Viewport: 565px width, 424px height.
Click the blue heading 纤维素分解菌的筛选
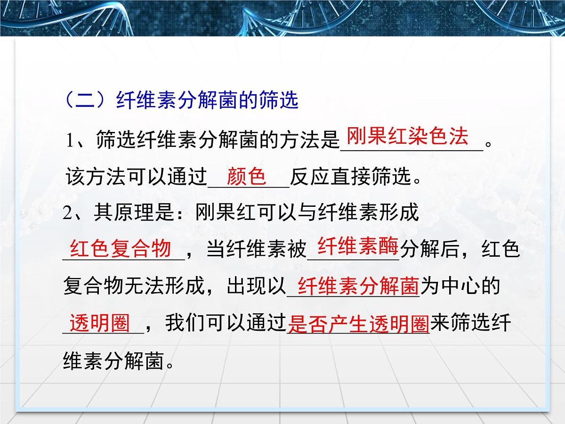pos(207,101)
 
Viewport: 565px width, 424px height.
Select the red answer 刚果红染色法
pos(408,137)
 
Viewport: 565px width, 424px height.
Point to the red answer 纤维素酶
pos(358,246)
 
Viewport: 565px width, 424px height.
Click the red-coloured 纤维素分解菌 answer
pos(358,286)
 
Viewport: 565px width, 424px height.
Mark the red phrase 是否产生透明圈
pos(358,325)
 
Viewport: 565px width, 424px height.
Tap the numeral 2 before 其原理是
pos(68,213)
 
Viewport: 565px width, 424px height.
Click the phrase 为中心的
pos(459,286)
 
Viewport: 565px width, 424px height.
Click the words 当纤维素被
pos(257,249)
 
